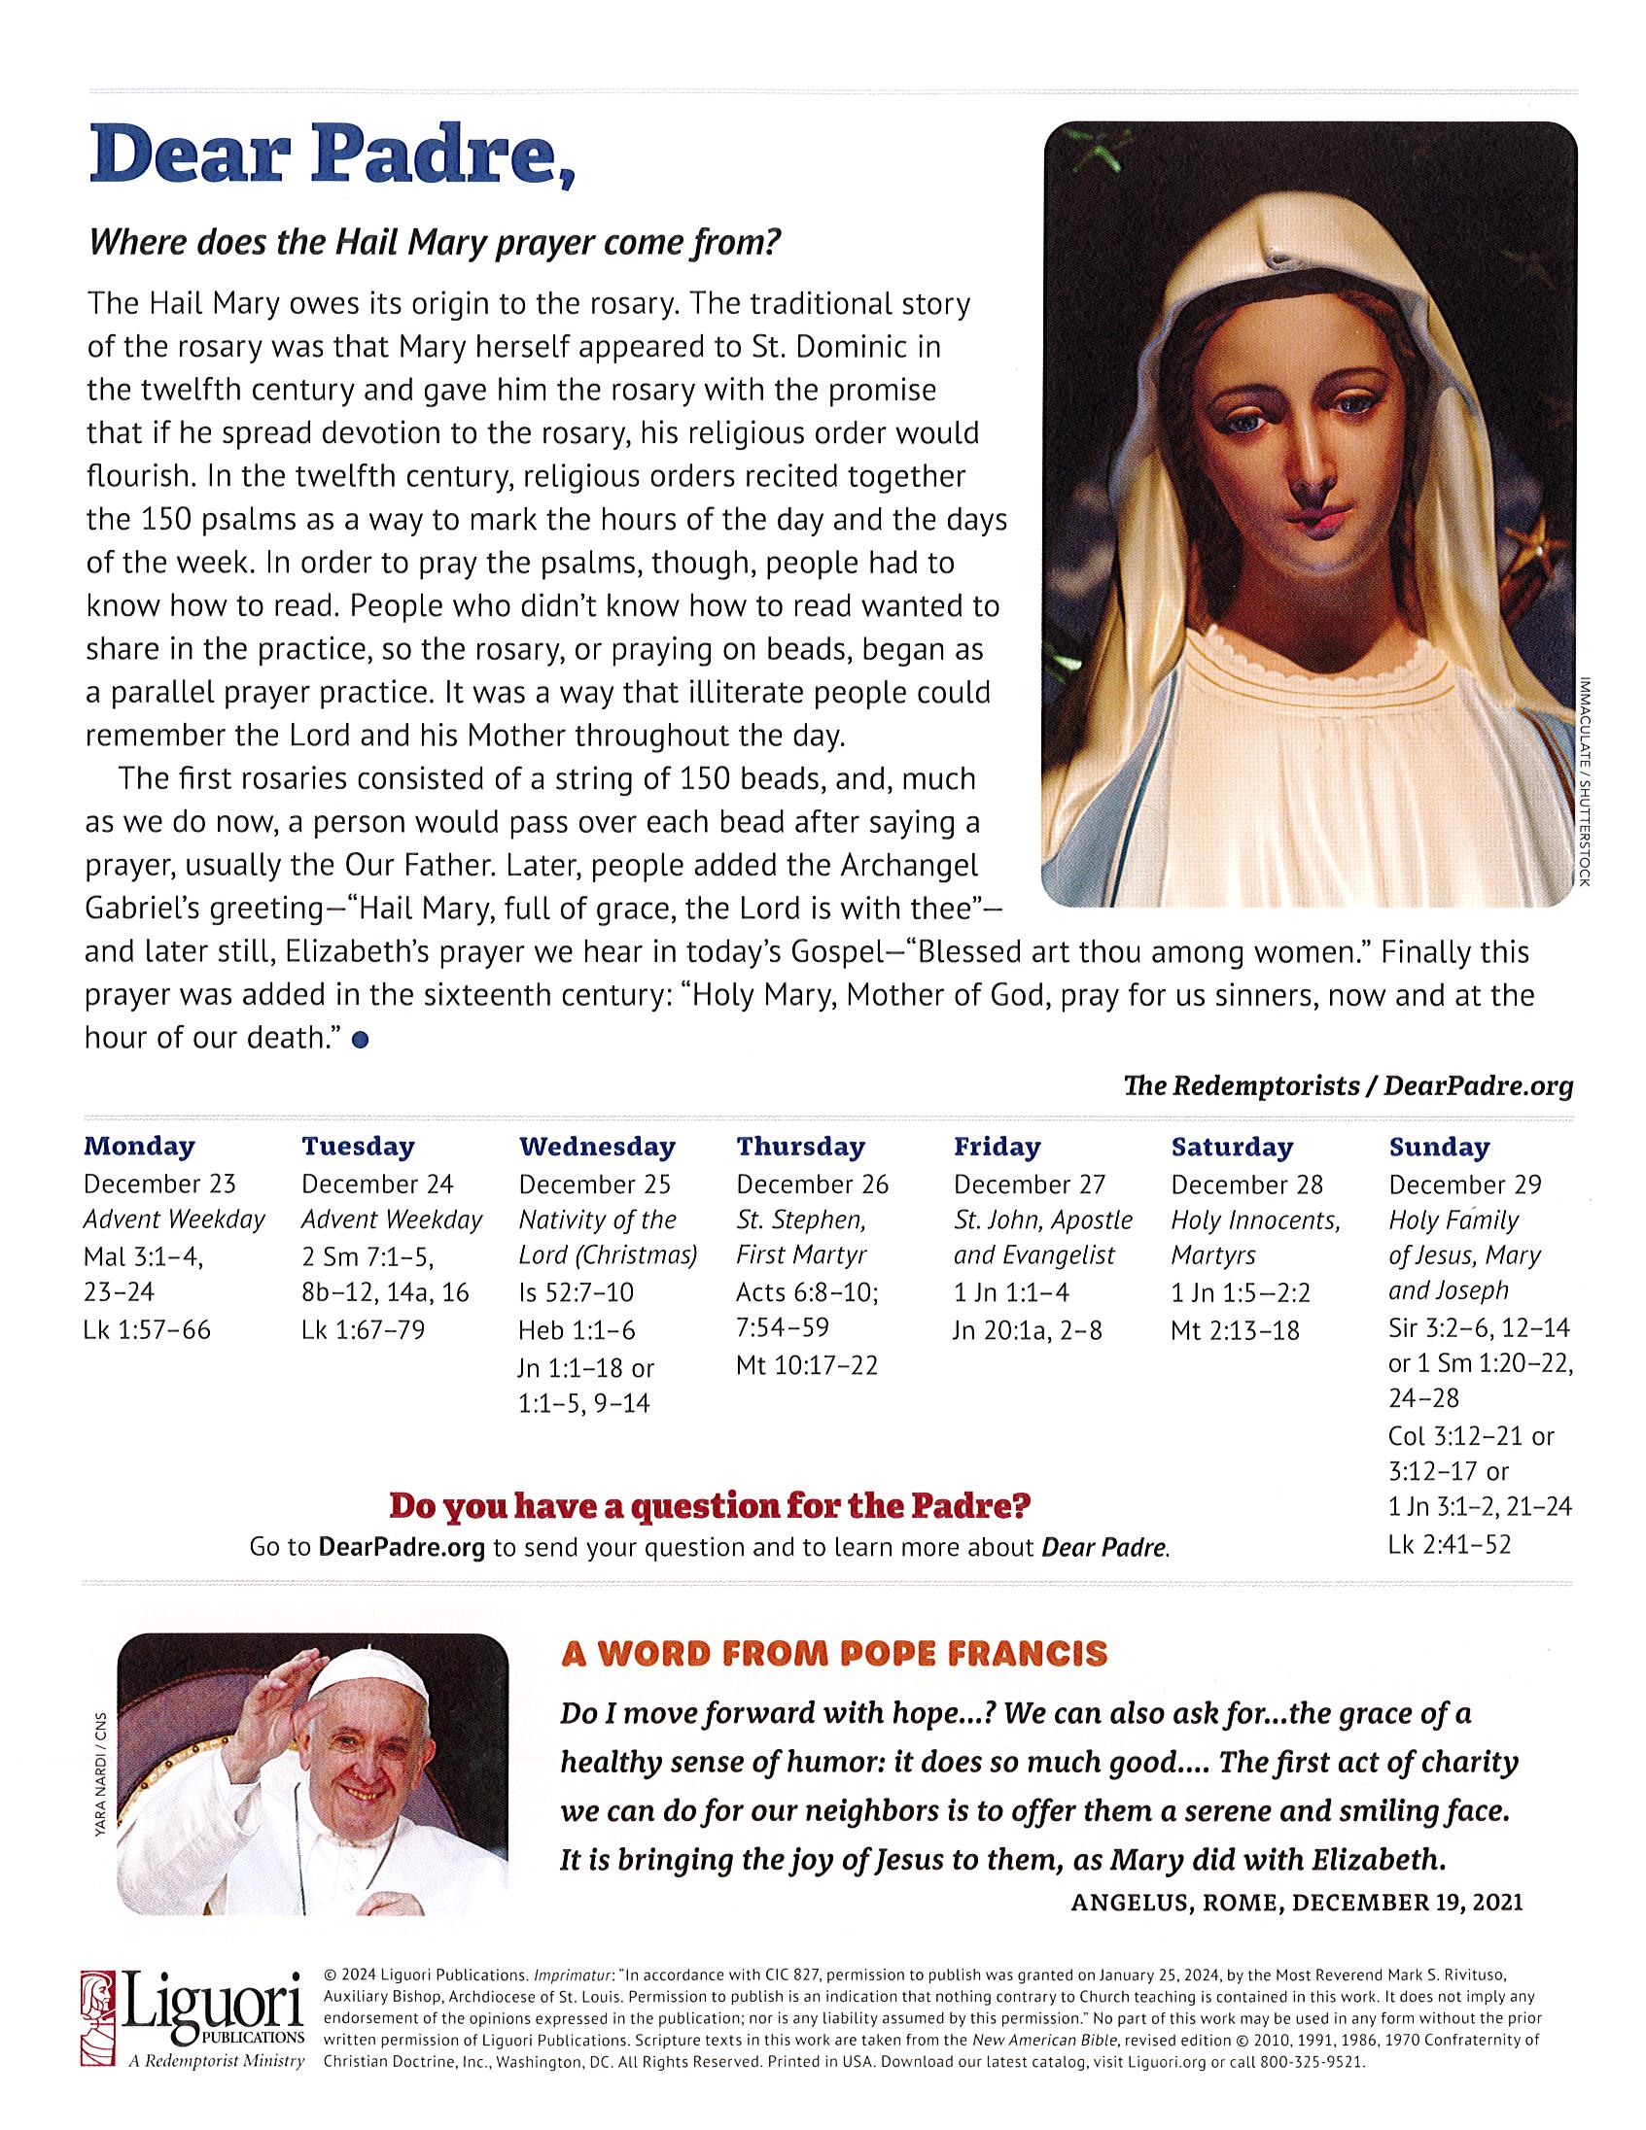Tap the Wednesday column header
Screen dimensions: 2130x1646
coord(596,1146)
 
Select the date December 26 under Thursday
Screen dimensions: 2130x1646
coord(812,1184)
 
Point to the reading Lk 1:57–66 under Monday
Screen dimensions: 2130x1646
coord(148,1329)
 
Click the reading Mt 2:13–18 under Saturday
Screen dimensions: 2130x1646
coord(1236,1329)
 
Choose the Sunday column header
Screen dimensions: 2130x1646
coord(1438,1147)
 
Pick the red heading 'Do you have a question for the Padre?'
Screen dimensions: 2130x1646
coord(710,1506)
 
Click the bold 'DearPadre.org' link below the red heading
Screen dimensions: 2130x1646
coord(402,1548)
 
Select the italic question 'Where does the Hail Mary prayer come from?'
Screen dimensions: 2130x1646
coord(436,243)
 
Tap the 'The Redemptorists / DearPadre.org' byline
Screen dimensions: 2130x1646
coord(1348,1085)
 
